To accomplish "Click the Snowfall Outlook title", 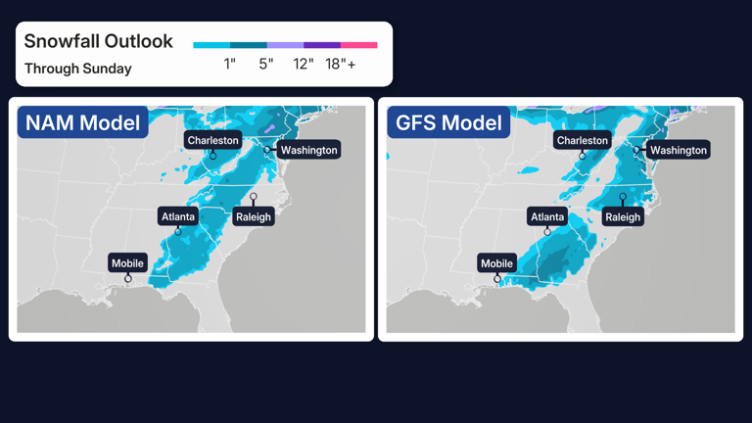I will click(98, 41).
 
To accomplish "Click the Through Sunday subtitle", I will click(77, 69).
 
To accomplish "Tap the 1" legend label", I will click(229, 64).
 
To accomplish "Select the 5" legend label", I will click(266, 64).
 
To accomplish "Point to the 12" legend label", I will click(304, 64).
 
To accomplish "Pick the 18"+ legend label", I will click(341, 64).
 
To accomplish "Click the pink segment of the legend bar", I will click(358, 45).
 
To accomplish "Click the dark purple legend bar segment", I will click(321, 45).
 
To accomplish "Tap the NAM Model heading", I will click(82, 122).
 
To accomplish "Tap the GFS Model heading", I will click(448, 122).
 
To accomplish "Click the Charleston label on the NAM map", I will click(213, 140).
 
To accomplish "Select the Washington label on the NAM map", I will click(308, 150).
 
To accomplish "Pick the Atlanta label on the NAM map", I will click(178, 216).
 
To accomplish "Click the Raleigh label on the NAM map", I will click(254, 216).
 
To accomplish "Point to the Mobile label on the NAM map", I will click(127, 263).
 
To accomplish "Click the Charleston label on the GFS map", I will click(583, 140).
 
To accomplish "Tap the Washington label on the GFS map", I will click(678, 150).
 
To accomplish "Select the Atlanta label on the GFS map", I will click(547, 216).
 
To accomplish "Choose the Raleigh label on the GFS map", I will click(623, 216).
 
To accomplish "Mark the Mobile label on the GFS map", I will click(496, 263).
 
